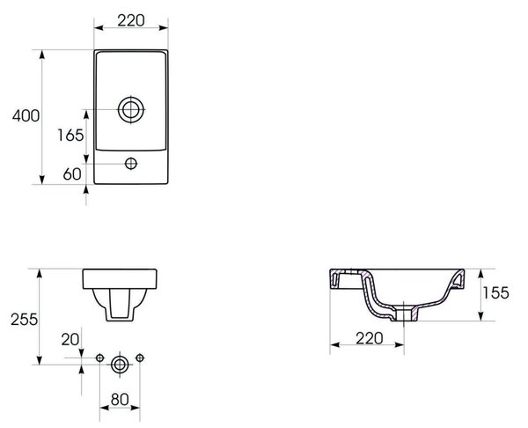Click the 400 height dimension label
[26, 116]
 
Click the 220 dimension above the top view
[131, 20]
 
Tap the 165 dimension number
[70, 136]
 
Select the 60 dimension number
[72, 173]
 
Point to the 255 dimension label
[25, 320]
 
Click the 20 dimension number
[70, 340]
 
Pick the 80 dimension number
[120, 400]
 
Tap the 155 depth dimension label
[495, 293]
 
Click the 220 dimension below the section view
[370, 338]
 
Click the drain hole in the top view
[131, 110]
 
